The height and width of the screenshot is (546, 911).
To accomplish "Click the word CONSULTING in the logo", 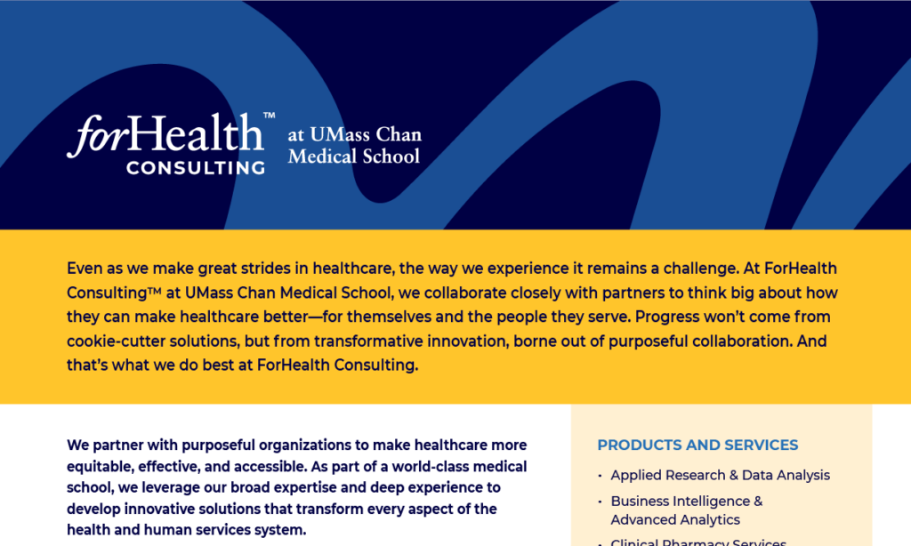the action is click(196, 168).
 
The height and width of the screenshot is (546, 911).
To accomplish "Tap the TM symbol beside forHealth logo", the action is click(269, 115).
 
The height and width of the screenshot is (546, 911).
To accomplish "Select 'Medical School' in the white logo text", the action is click(354, 157).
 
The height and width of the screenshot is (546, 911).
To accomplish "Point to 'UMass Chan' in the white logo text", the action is click(366, 134).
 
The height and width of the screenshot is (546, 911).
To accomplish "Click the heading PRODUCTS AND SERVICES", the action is click(697, 445).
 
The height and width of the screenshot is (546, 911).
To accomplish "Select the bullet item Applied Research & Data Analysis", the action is click(721, 475).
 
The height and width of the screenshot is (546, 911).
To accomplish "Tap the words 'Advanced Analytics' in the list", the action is click(675, 519).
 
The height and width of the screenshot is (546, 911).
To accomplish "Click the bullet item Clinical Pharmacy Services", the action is click(698, 542).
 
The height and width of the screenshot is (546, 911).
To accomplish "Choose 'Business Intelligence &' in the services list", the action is click(687, 501).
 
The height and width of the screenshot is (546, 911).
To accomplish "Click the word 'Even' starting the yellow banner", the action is click(85, 269).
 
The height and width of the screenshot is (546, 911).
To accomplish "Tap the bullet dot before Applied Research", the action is click(601, 476).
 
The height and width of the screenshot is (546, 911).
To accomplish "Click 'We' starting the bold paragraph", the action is click(77, 445).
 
